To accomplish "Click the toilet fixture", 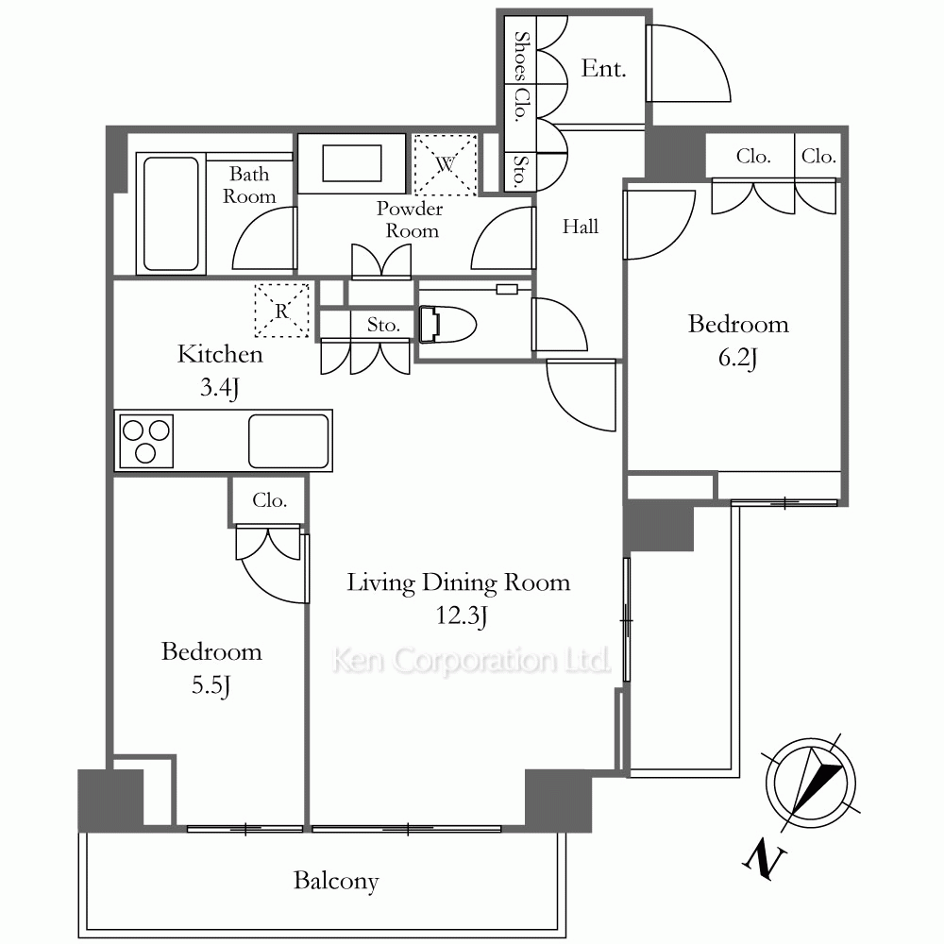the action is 447,325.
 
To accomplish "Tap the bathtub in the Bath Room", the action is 171,213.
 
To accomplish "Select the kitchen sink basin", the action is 288,441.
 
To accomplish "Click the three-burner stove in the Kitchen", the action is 146,441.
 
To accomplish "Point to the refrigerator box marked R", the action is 281,311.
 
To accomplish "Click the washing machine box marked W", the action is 446,164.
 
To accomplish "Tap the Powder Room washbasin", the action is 351,163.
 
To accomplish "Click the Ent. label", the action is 603,69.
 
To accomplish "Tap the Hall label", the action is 581,227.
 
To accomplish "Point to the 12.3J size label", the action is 462,615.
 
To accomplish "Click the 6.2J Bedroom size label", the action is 737,358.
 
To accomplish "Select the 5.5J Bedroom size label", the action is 211,685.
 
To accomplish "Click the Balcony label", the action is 336,881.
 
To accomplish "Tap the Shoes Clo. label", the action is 520,76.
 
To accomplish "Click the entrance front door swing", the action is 688,62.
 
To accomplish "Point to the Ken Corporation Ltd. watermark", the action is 471,660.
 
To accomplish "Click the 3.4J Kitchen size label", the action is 219,388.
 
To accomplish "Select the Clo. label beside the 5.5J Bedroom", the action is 269,499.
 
